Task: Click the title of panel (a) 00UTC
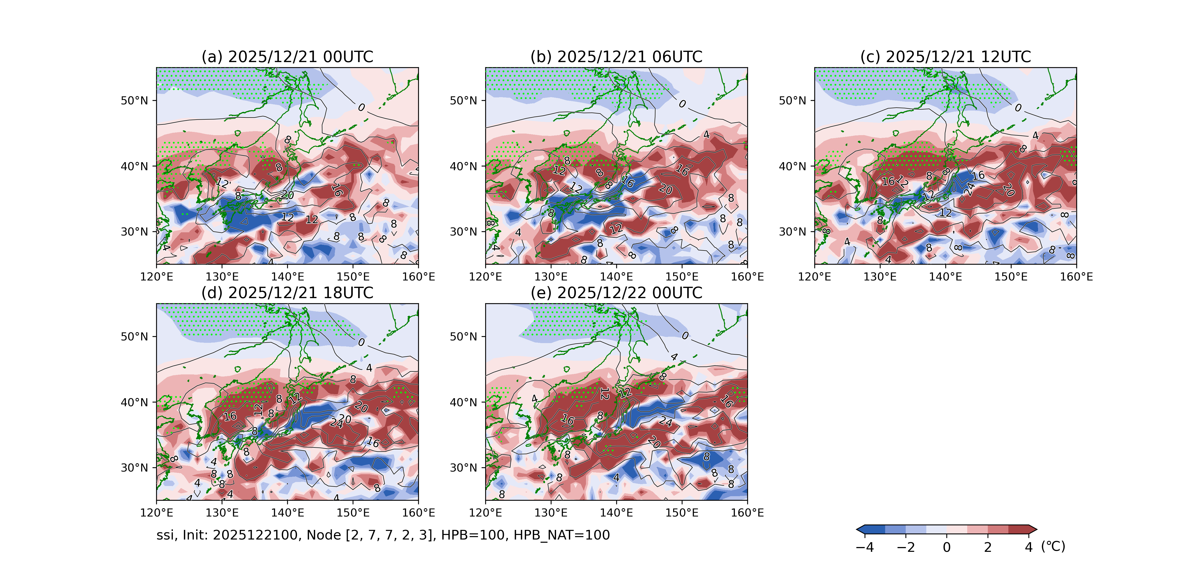point(287,57)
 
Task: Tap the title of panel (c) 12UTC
point(945,57)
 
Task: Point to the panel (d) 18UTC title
point(287,293)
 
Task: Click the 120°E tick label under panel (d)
point(156,513)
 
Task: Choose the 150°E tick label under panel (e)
point(681,513)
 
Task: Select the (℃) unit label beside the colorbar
point(1053,546)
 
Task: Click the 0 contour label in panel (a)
point(361,108)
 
